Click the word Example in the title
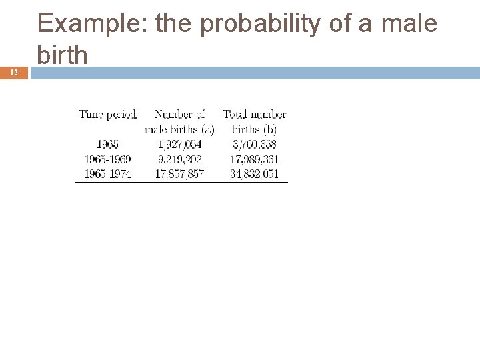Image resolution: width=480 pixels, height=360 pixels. tap(93, 25)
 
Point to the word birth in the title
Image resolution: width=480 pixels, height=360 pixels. tap(63, 54)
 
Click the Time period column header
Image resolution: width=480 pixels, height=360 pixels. tap(107, 115)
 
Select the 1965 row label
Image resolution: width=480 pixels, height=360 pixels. tap(108, 144)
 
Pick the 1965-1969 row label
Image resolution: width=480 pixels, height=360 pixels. tap(108, 159)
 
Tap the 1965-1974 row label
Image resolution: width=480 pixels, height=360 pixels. tap(108, 174)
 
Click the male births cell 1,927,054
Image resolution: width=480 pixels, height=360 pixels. tap(179, 144)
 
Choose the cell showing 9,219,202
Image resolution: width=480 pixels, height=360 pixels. tap(179, 159)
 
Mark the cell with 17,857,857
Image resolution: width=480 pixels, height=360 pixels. tap(179, 174)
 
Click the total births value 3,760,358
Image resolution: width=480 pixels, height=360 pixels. tap(254, 144)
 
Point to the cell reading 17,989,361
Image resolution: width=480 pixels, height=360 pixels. tap(254, 159)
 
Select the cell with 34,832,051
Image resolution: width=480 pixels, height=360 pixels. tap(254, 174)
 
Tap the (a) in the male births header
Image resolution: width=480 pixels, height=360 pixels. tap(207, 129)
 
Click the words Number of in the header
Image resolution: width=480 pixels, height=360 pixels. tap(179, 115)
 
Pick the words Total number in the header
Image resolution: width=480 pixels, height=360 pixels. tap(254, 115)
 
